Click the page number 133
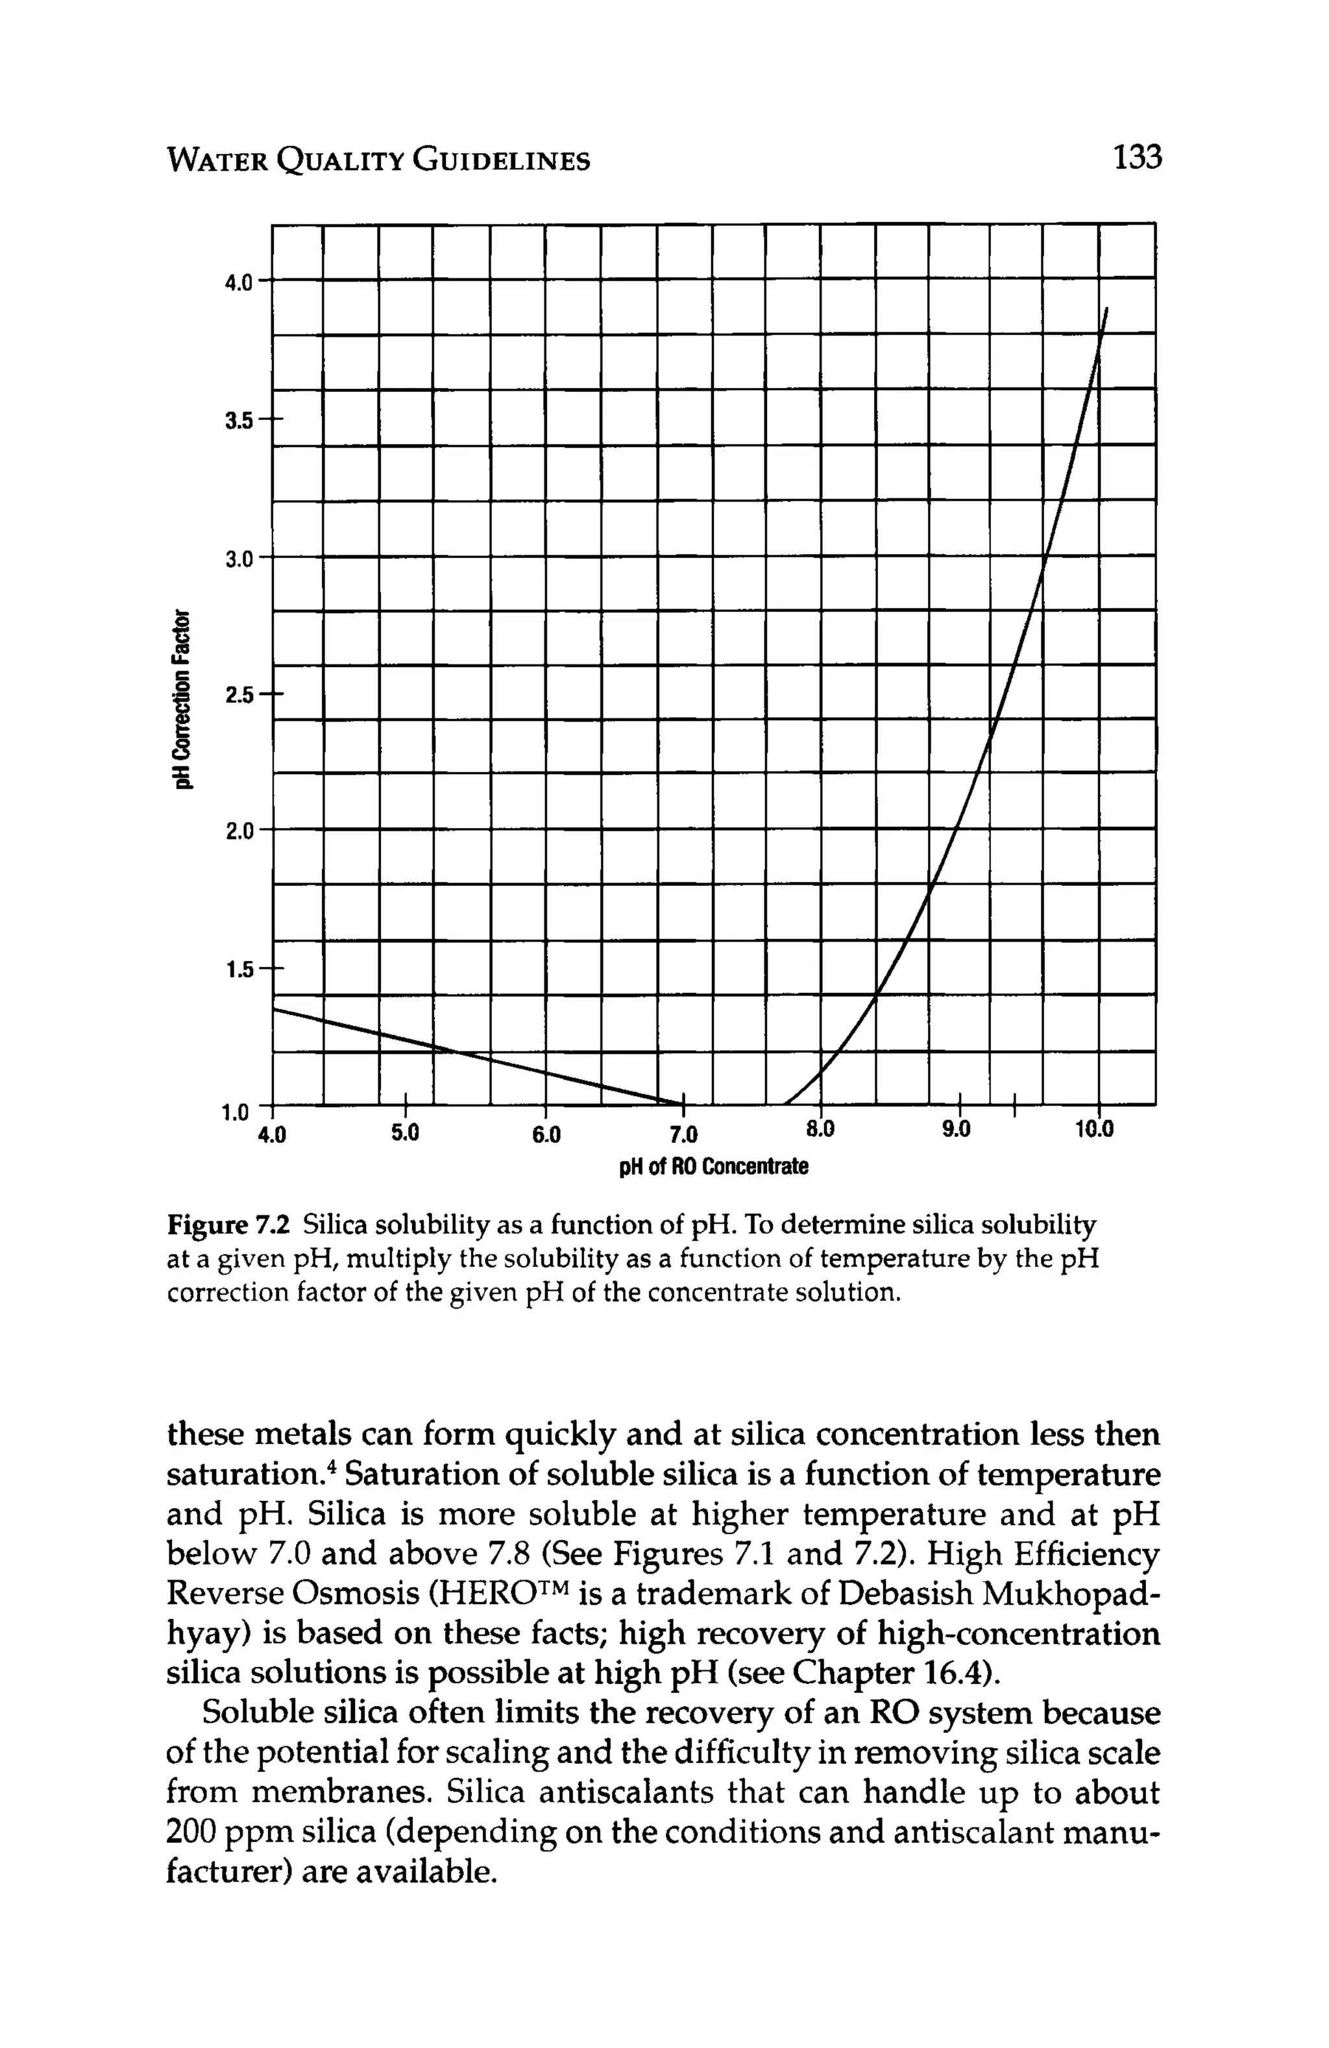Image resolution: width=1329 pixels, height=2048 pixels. point(1136,158)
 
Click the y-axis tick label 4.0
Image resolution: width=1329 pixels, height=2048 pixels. point(238,283)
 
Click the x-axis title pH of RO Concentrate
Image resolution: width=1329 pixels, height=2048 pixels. point(714,1167)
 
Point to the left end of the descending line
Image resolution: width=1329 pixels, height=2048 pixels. point(274,1009)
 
